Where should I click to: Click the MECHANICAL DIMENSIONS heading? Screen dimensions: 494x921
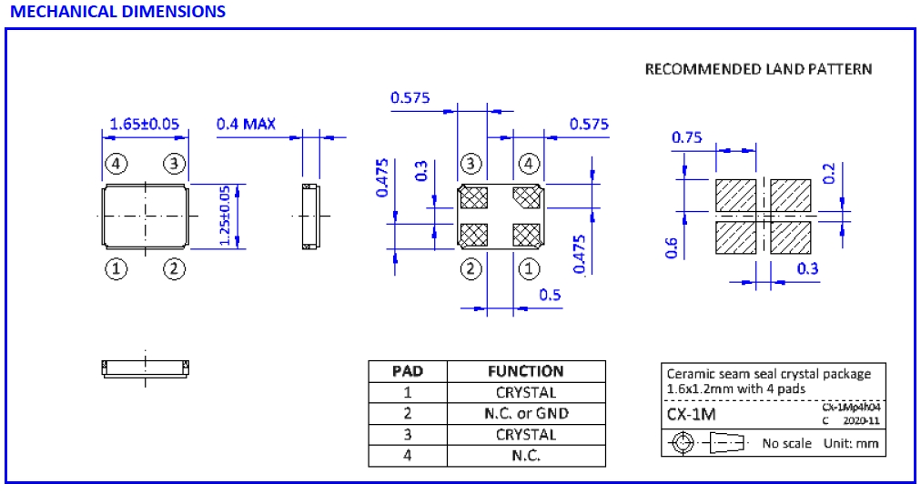pos(117,12)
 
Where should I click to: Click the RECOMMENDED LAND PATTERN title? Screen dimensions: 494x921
pos(758,69)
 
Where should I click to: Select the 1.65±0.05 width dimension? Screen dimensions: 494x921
pos(145,123)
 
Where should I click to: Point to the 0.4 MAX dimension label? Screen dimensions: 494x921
pos(246,123)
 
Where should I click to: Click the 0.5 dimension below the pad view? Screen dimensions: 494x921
pos(550,295)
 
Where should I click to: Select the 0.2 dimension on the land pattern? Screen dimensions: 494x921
pos(828,174)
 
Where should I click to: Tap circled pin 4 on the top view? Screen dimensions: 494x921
pos(116,164)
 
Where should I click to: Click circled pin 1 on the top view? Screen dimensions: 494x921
pos(116,268)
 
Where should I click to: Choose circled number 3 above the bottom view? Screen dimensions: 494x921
pos(471,164)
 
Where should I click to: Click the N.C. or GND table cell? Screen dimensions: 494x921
pos(526,413)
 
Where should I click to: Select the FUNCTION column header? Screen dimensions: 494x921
pos(526,371)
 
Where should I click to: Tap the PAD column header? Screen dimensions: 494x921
pos(407,371)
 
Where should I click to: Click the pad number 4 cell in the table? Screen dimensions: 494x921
pos(407,455)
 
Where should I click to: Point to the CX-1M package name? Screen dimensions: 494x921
pos(692,415)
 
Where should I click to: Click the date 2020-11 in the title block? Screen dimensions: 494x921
pos(862,421)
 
